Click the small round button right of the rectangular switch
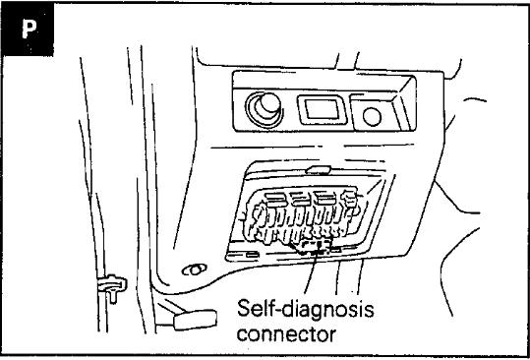pos(372,117)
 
